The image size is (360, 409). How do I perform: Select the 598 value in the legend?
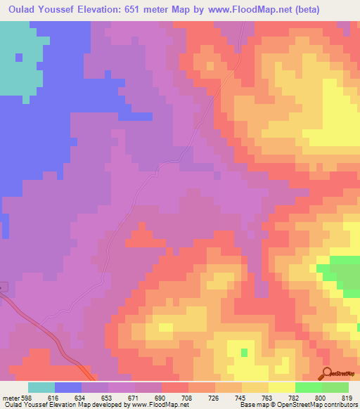pyautogui.click(x=28, y=397)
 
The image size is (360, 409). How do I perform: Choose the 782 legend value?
pyautogui.click(x=296, y=397)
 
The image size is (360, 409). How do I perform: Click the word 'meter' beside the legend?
pyautogui.click(x=10, y=397)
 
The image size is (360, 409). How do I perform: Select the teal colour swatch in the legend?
pyautogui.click(x=41, y=387)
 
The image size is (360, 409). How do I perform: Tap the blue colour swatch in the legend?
pyautogui.click(x=68, y=387)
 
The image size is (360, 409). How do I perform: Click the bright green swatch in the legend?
pyautogui.click(x=309, y=387)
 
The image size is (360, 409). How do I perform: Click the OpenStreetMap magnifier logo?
pyautogui.click(x=326, y=373)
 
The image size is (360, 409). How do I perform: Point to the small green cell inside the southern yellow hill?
pyautogui.click(x=244, y=351)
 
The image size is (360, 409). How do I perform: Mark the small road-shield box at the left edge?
pyautogui.click(x=2, y=286)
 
